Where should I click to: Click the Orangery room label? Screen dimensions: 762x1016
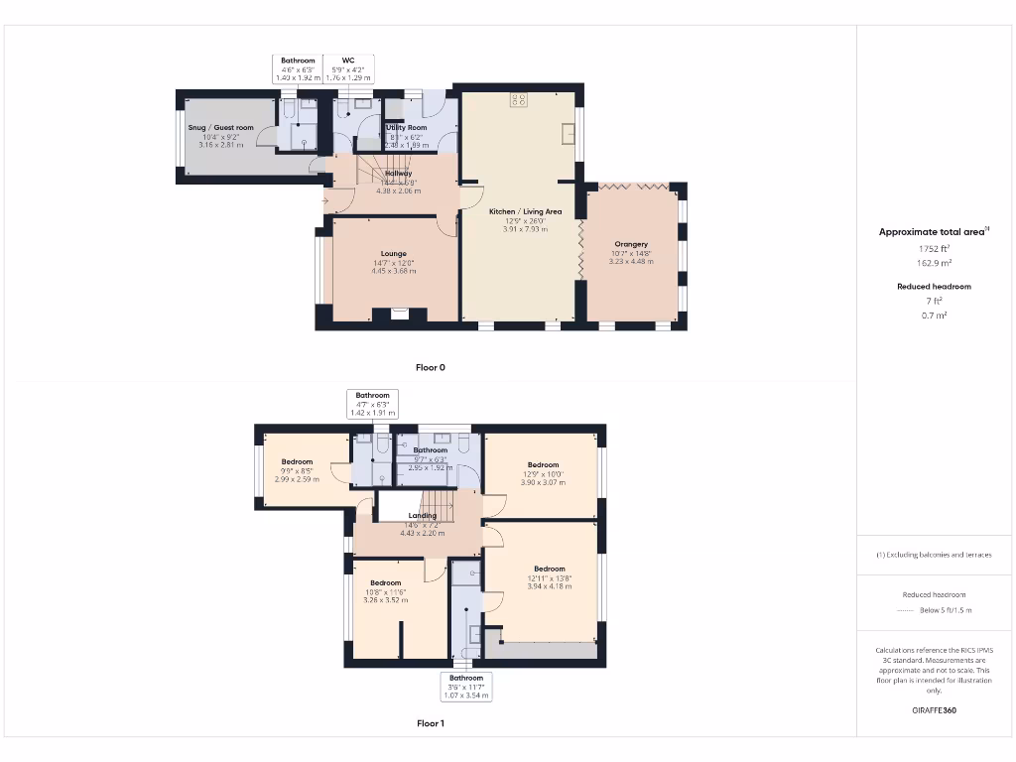pyautogui.click(x=631, y=244)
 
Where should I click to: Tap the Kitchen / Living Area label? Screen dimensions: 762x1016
pyautogui.click(x=526, y=211)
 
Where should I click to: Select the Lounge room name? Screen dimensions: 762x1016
pyautogui.click(x=393, y=254)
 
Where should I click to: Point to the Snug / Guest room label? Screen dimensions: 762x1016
pyautogui.click(x=220, y=128)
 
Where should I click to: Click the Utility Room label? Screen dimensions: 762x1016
pyautogui.click(x=407, y=128)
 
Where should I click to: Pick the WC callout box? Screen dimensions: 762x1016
pyautogui.click(x=348, y=68)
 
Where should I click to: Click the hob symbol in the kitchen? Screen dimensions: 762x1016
pyautogui.click(x=519, y=98)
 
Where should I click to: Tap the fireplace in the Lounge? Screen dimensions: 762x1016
pyautogui.click(x=399, y=315)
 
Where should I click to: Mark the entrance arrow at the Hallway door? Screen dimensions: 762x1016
pyautogui.click(x=326, y=202)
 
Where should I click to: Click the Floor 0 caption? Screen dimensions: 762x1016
pyautogui.click(x=430, y=368)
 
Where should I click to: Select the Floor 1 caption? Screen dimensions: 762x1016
pyautogui.click(x=430, y=724)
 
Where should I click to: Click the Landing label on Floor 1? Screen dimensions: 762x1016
pyautogui.click(x=422, y=516)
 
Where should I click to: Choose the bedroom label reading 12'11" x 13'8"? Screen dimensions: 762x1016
pyautogui.click(x=549, y=570)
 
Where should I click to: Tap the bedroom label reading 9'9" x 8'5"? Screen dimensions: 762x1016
pyautogui.click(x=297, y=462)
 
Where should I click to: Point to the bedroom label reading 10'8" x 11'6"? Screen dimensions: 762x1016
pyautogui.click(x=385, y=583)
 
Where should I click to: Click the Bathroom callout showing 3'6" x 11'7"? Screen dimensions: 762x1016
pyautogui.click(x=465, y=687)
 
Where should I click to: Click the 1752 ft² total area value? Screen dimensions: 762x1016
pyautogui.click(x=934, y=249)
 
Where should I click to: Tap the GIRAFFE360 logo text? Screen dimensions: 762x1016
pyautogui.click(x=934, y=710)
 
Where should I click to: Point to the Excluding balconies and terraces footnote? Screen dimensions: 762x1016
pyautogui.click(x=934, y=555)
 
